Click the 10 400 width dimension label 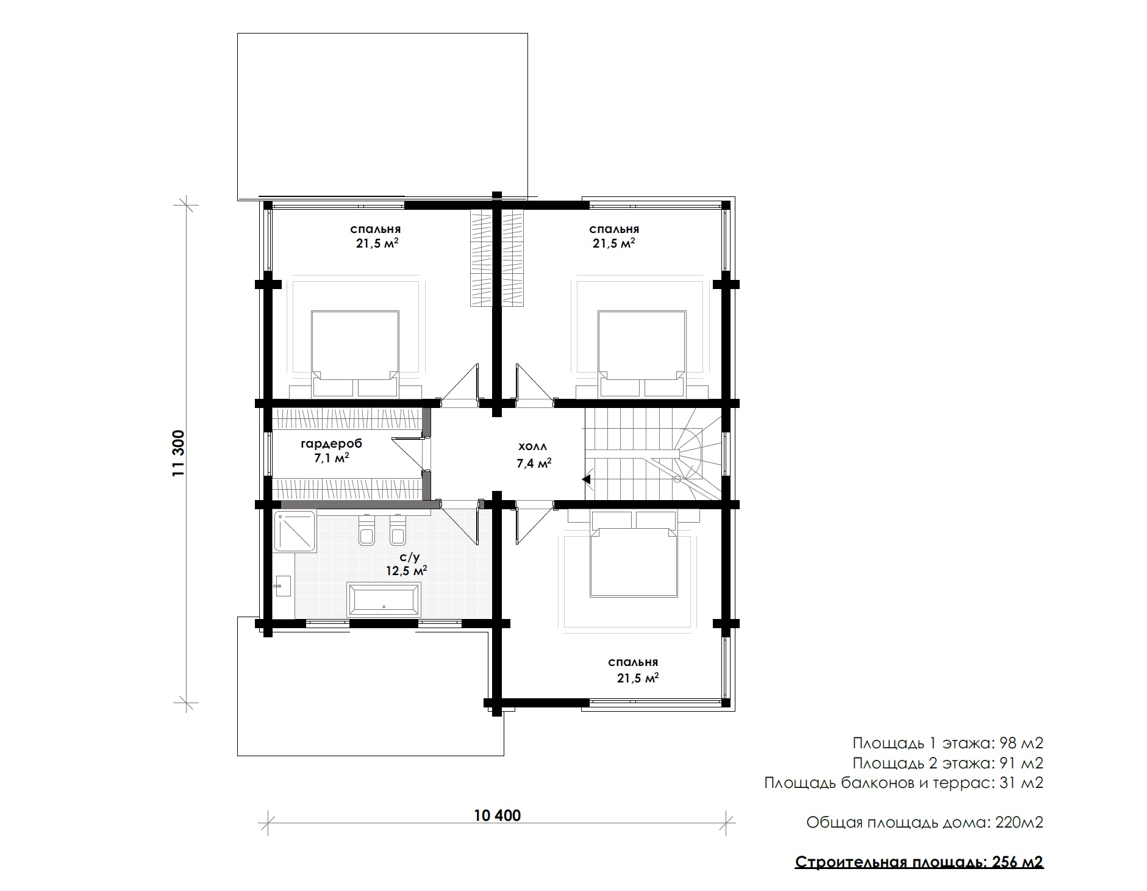(x=497, y=815)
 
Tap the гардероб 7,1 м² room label (x=332, y=451)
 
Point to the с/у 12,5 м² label (x=406, y=564)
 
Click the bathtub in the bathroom (x=384, y=598)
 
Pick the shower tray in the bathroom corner (x=295, y=532)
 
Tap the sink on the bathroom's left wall (x=283, y=586)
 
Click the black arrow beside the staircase (x=587, y=479)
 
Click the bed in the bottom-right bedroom (x=634, y=554)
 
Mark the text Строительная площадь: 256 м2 (x=920, y=862)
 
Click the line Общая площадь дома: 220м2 (x=924, y=823)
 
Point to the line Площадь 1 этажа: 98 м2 (x=948, y=743)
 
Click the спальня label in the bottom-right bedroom (x=633, y=662)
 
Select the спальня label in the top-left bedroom (x=375, y=230)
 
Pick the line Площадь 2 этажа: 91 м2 (x=948, y=763)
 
